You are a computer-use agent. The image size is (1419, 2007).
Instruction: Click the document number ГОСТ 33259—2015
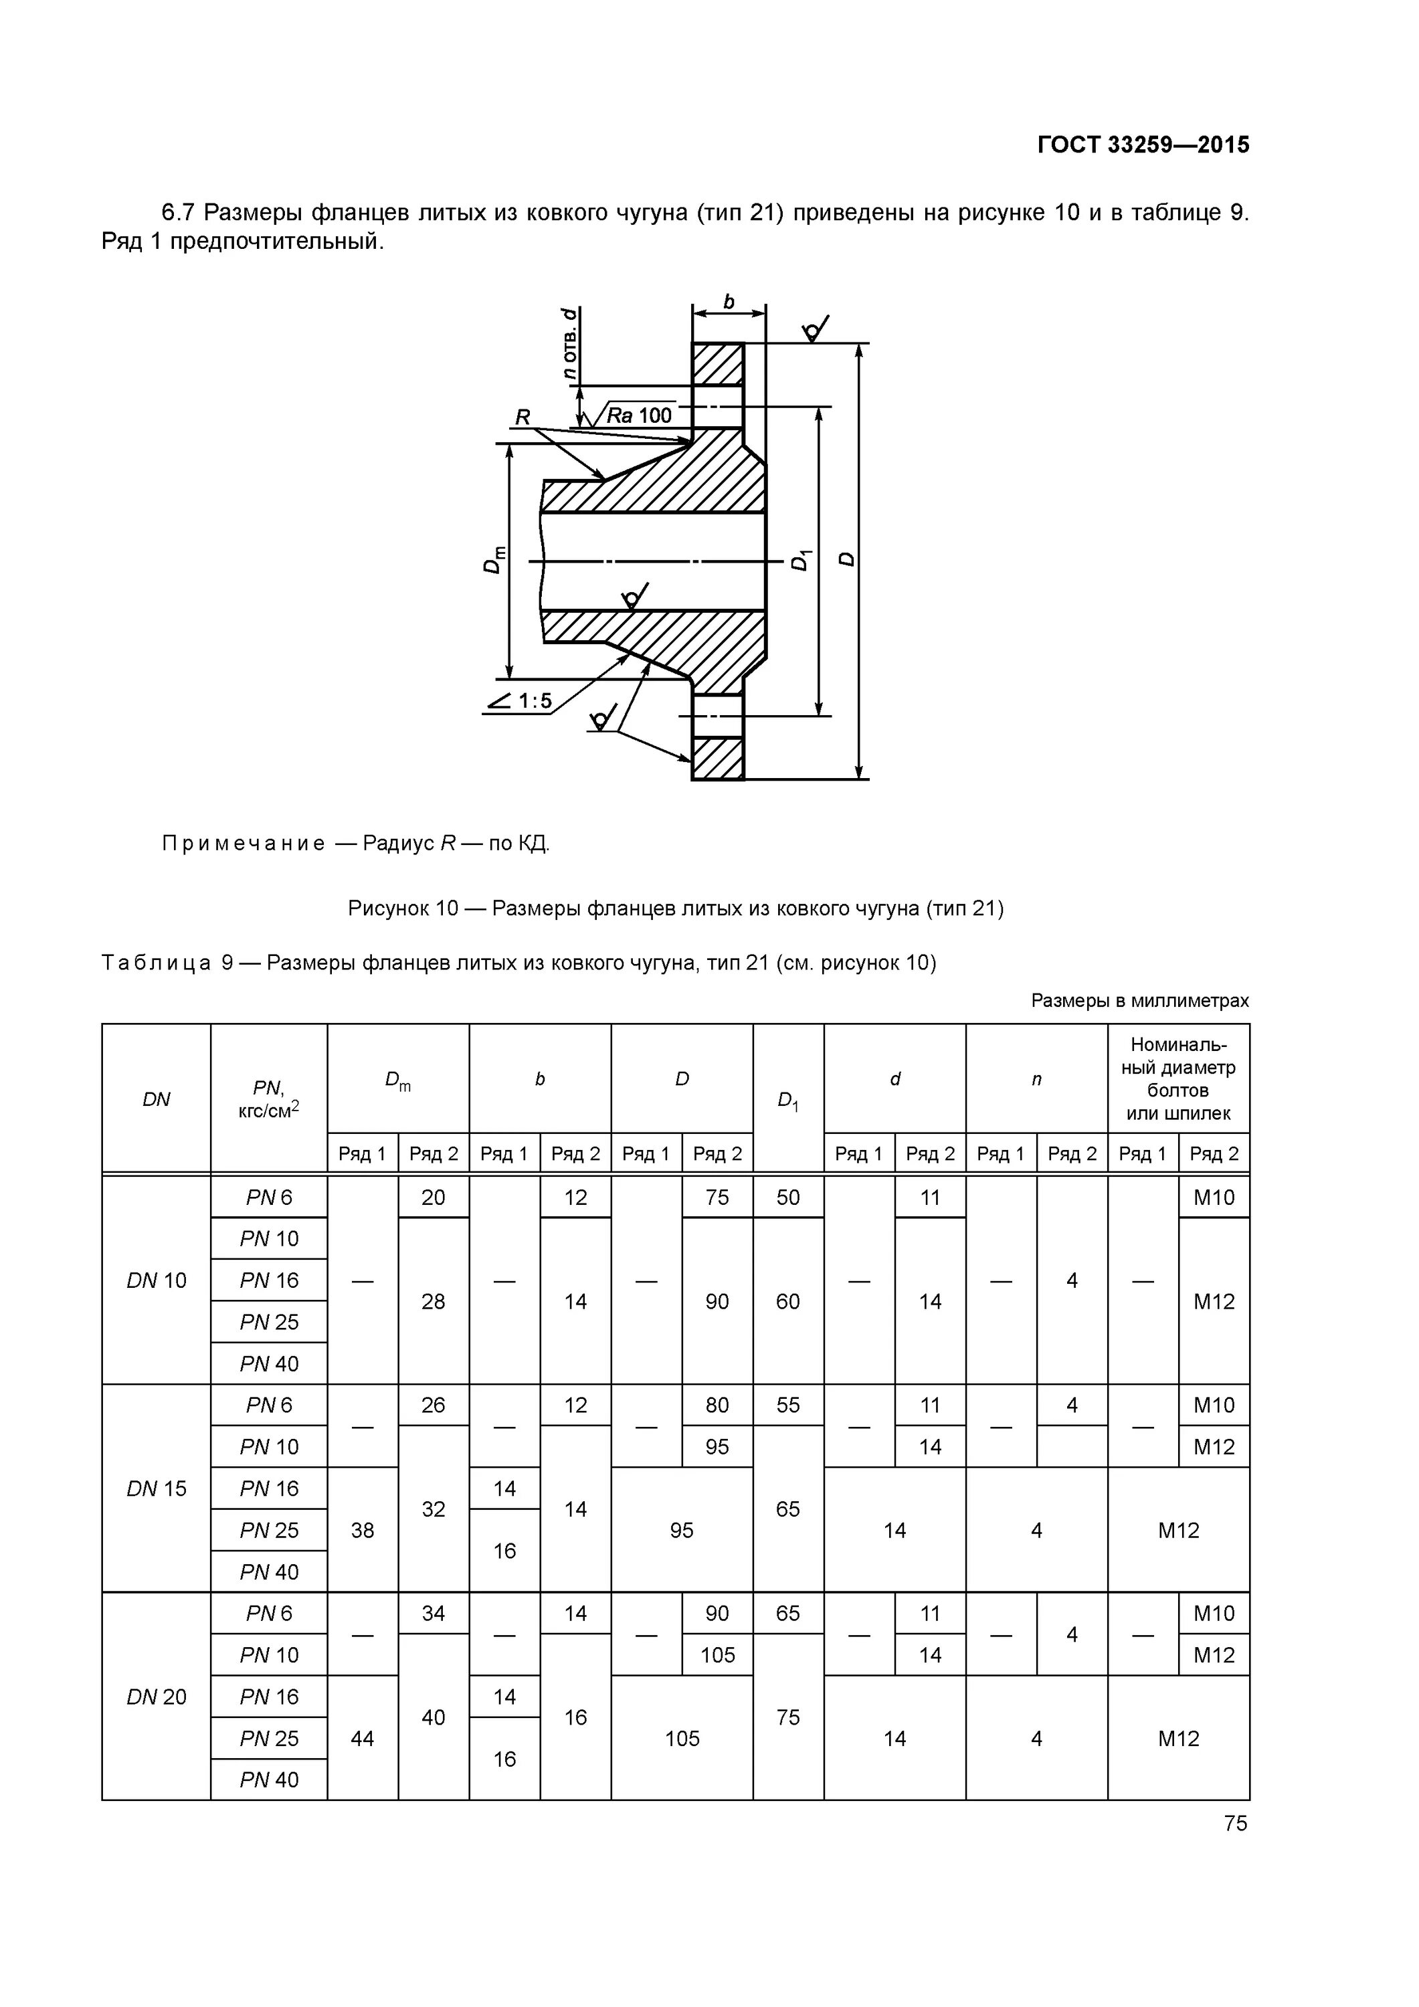tap(1143, 145)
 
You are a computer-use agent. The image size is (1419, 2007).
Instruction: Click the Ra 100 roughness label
tap(640, 415)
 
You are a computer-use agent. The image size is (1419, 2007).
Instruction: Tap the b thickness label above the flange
tap(729, 302)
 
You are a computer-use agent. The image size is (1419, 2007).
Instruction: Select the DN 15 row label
tap(157, 1489)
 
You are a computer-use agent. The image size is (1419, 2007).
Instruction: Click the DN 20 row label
tap(157, 1697)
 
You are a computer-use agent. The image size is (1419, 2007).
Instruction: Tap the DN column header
tap(157, 1098)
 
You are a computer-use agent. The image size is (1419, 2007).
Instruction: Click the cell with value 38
tap(362, 1530)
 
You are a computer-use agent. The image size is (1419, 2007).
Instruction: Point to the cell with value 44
tap(362, 1738)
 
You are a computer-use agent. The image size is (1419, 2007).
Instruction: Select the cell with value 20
tap(434, 1198)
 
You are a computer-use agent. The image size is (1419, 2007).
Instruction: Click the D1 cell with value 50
tap(787, 1198)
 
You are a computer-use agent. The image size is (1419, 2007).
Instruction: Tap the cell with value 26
tap(434, 1405)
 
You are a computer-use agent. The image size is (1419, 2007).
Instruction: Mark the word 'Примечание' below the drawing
tap(243, 844)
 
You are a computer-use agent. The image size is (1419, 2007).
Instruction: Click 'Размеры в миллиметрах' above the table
tap(1139, 1000)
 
